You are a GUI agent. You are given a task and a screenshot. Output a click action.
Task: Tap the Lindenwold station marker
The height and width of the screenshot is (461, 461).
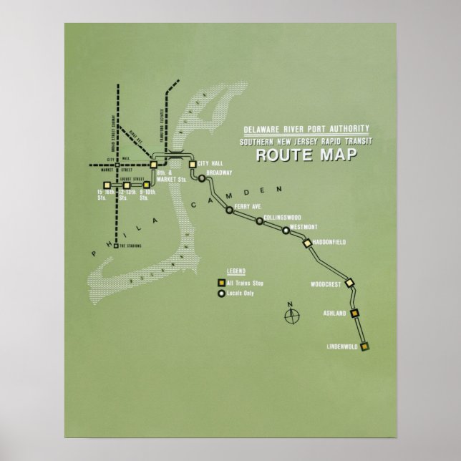[x=364, y=346]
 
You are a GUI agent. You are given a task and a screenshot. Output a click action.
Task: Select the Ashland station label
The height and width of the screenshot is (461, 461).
[x=334, y=314]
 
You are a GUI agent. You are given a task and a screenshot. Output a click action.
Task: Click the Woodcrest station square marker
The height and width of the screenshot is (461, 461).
[x=349, y=283]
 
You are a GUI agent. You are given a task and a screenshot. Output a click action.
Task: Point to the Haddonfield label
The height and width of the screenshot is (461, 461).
[x=329, y=243]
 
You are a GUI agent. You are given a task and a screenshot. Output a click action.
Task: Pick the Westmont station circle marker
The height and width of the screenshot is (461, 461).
[x=286, y=230]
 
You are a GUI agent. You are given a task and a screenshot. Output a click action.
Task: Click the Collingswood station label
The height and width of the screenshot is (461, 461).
[x=282, y=217]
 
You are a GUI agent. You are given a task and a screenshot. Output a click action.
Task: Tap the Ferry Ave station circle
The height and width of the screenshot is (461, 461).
[x=229, y=210]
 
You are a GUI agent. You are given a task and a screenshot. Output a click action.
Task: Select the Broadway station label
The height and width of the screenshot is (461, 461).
[x=219, y=173]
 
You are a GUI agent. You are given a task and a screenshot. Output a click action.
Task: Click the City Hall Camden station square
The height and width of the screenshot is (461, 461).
[x=193, y=165]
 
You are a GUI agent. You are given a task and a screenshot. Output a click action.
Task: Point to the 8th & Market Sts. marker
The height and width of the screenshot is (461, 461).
[x=153, y=165]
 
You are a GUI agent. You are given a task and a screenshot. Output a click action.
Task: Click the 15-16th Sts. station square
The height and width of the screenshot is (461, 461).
[x=107, y=185]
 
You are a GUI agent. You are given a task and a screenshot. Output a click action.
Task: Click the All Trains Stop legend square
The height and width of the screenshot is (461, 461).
[x=221, y=283]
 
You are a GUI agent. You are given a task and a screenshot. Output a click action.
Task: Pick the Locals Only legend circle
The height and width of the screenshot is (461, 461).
[x=221, y=293]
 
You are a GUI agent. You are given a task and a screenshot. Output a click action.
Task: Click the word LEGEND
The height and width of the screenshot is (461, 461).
[x=236, y=273]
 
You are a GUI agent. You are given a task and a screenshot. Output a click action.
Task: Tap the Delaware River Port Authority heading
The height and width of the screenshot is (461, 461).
[x=306, y=129]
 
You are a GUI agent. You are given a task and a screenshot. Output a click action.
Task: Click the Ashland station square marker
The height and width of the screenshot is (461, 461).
[x=354, y=313]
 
